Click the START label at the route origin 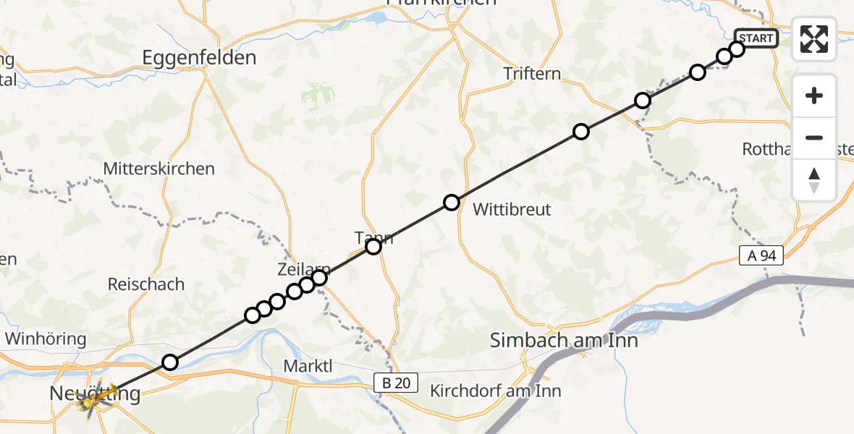click(x=756, y=38)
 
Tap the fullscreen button click(x=814, y=38)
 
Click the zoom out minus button click(x=814, y=137)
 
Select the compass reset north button click(x=814, y=180)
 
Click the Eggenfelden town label click(x=199, y=58)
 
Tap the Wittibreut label click(x=512, y=210)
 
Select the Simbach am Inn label click(x=564, y=339)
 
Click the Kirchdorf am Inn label click(x=495, y=391)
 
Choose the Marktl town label click(x=308, y=366)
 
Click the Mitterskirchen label click(x=159, y=169)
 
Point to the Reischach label click(x=146, y=284)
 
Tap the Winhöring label click(x=45, y=339)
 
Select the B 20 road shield click(x=397, y=383)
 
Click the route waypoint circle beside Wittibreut click(x=452, y=203)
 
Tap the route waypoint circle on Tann click(x=373, y=247)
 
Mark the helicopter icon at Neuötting click(x=91, y=396)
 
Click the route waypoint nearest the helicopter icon click(x=169, y=362)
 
